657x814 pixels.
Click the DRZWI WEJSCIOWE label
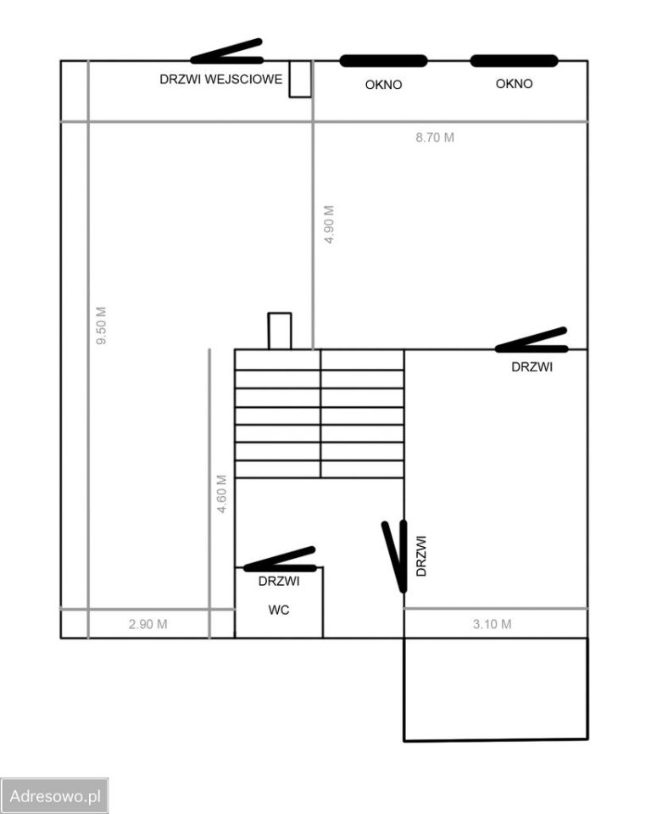pos(221,80)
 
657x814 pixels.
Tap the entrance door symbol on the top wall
pos(227,52)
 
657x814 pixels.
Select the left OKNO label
pos(383,85)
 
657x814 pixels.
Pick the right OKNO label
pos(514,84)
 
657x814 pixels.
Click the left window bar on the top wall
pos(383,61)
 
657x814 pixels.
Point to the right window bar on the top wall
pos(514,61)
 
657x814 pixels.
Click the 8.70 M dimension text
pos(435,137)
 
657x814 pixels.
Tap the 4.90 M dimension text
pos(329,224)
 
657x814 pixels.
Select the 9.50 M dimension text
pos(101,326)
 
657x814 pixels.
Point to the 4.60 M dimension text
pos(221,494)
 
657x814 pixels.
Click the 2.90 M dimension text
pos(148,624)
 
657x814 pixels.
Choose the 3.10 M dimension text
pos(492,624)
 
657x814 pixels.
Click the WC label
pos(279,610)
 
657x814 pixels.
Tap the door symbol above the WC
pos(280,560)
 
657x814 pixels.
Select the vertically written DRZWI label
pos(421,556)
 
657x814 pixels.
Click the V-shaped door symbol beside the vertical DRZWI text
pos(395,557)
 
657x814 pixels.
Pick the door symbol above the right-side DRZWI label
pos(532,341)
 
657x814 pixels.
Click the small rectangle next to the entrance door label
pos(300,79)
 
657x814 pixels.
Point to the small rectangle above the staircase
pos(280,331)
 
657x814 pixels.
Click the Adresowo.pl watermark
pos(54,796)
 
